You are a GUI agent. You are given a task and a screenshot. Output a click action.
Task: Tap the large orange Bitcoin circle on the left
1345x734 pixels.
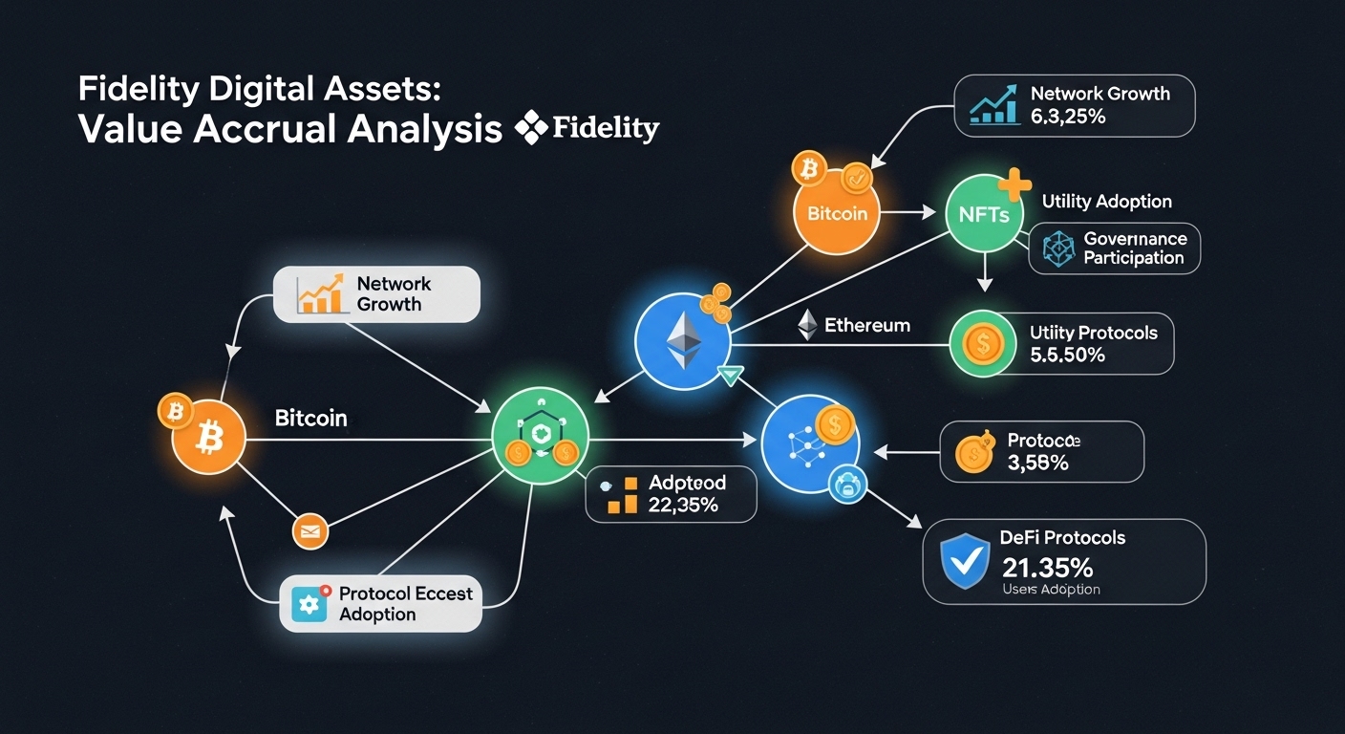point(209,440)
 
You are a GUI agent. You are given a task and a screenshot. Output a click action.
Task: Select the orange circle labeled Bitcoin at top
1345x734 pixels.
point(837,211)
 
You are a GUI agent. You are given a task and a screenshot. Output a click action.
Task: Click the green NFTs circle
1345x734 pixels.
point(983,214)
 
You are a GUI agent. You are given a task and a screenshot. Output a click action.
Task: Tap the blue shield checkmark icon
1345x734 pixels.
point(962,561)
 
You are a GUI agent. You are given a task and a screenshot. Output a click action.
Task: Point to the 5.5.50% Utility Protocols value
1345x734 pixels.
point(1067,355)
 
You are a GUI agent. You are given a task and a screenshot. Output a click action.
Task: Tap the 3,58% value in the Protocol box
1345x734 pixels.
point(1037,464)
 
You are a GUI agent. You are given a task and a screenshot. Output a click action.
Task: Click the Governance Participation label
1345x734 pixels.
point(1135,248)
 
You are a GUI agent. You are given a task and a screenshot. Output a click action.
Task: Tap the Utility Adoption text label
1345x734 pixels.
point(1106,202)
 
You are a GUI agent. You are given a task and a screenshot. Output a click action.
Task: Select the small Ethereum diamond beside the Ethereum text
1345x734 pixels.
point(808,325)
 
